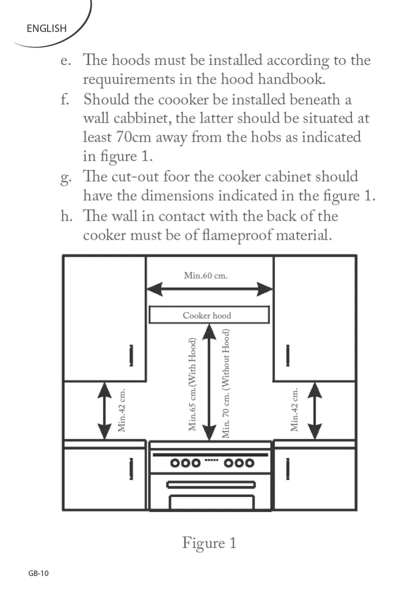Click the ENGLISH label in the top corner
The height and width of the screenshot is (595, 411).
46,28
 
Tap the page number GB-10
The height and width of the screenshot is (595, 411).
38,574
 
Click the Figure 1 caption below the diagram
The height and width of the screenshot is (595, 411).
209,543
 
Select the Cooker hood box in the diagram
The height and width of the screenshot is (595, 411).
209,315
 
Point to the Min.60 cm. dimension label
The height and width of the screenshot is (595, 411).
206,275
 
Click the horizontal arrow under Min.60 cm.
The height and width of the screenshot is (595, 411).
209,289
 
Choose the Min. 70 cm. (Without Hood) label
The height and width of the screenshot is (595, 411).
225,384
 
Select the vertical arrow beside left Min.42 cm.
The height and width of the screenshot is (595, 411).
104,411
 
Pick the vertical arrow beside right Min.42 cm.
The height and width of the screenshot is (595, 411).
314,411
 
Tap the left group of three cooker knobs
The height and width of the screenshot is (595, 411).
185,463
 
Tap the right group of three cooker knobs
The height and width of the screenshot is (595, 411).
239,463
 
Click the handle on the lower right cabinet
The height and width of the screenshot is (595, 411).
287,468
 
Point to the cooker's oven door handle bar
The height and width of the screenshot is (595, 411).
211,484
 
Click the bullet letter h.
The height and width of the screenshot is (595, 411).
65,216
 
